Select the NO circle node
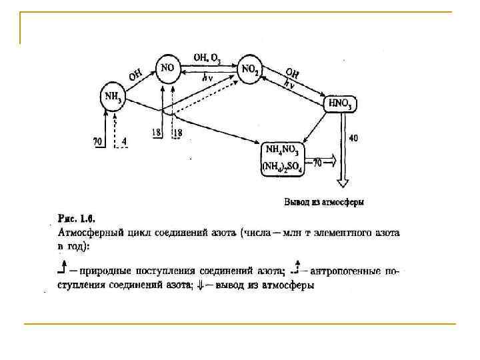coord(167,68)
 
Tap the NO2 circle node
coord(249,68)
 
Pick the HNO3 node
coord(341,103)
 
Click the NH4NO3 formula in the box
coord(283,149)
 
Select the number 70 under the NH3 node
coord(97,141)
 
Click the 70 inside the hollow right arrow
coord(318,162)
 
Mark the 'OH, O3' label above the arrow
coord(207,58)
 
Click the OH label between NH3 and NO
coord(135,75)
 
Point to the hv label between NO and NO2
coord(207,76)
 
